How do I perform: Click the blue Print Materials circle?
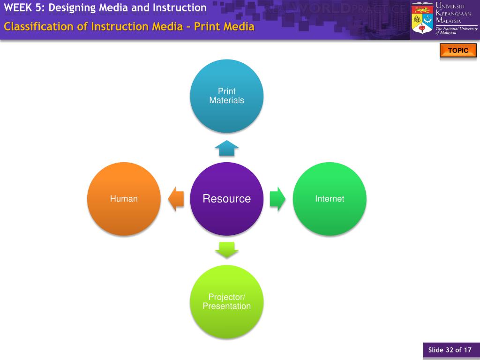click(226, 96)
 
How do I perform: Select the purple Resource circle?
click(226, 199)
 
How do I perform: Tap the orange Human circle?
click(124, 199)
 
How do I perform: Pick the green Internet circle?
click(330, 199)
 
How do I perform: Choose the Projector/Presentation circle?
click(226, 301)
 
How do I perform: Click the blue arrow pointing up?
click(227, 148)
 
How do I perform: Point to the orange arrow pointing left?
click(176, 199)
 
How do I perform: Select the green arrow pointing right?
click(277, 199)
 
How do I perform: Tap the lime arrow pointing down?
click(227, 250)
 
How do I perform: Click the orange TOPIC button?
click(458, 51)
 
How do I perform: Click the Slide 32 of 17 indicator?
click(450, 350)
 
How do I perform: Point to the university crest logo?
click(422, 19)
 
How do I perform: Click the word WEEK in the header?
click(16, 7)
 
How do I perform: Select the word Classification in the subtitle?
click(39, 26)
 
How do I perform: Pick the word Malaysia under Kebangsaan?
click(449, 21)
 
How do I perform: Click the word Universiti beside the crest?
click(450, 6)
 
